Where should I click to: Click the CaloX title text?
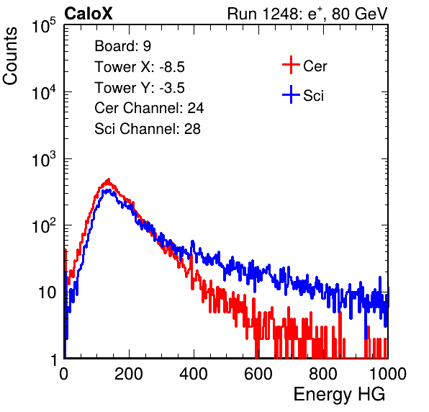[x=88, y=14]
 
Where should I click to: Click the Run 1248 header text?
[x=307, y=14]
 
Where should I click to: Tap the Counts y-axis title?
[x=10, y=55]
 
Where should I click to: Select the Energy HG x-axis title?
[x=339, y=394]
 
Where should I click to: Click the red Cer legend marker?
[x=291, y=65]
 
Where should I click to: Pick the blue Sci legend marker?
[x=291, y=95]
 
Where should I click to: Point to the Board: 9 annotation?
[x=122, y=46]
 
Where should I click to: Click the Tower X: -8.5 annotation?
[x=140, y=67]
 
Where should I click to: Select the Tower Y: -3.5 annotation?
[x=140, y=88]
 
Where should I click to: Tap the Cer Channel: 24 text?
[x=149, y=108]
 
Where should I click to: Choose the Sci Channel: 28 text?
[x=148, y=129]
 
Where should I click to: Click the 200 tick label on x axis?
[x=129, y=374]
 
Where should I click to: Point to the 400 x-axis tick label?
[x=194, y=374]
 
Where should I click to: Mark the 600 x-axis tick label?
[x=258, y=374]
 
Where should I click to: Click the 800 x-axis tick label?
[x=323, y=374]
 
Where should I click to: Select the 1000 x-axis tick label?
[x=388, y=374]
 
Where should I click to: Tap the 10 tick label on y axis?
[x=48, y=292]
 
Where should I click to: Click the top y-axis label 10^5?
[x=44, y=25]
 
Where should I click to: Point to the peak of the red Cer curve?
[x=109, y=179]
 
